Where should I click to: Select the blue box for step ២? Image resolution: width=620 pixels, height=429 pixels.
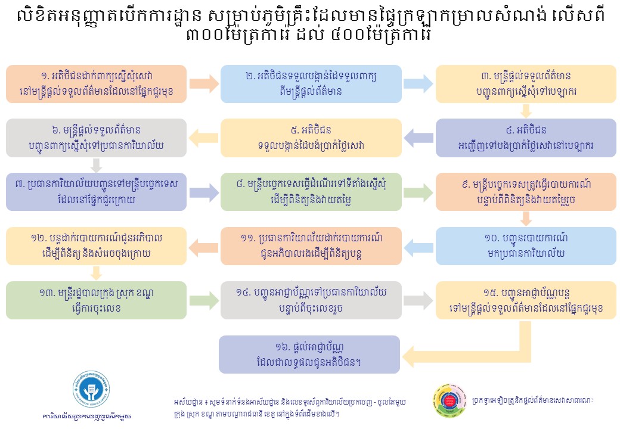[x=311, y=84]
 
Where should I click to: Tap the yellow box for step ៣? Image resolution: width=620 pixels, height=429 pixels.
[x=526, y=84]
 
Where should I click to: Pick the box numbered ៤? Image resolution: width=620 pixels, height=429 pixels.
[x=526, y=138]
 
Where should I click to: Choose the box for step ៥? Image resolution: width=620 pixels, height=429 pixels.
[x=311, y=138]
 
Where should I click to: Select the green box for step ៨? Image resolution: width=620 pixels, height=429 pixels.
[x=311, y=192]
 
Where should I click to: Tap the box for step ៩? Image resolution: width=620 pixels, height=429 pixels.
[x=526, y=192]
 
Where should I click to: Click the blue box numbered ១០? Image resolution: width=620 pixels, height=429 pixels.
[x=526, y=246]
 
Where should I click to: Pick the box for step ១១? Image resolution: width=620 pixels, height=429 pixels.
[x=311, y=246]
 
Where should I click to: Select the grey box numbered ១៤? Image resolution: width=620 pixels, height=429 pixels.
[x=311, y=300]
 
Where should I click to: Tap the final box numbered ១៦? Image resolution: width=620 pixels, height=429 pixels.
[x=310, y=355]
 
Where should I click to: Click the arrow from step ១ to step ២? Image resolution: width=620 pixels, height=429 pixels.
[x=204, y=84]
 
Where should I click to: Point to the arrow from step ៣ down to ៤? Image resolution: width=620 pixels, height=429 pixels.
[x=526, y=111]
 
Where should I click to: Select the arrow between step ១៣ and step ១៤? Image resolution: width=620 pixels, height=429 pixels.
[x=204, y=300]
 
